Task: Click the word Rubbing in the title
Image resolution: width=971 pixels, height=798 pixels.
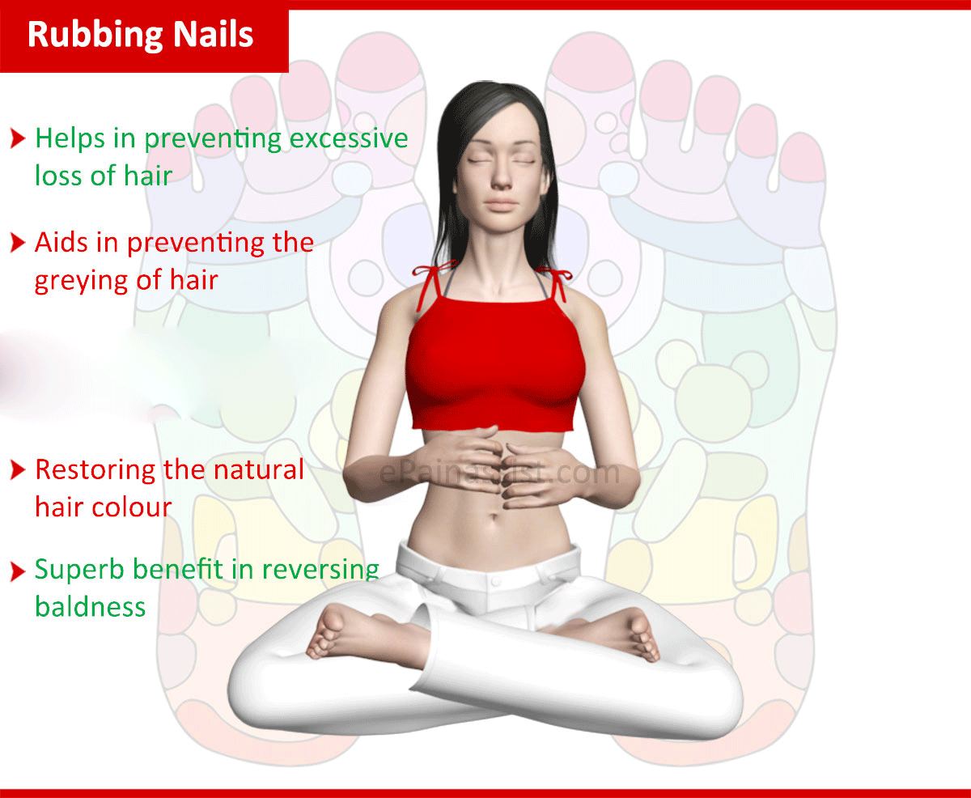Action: tap(95, 36)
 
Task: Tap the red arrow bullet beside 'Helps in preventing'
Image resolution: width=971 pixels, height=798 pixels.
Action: tap(18, 138)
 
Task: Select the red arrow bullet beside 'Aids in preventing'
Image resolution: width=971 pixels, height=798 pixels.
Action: tap(18, 243)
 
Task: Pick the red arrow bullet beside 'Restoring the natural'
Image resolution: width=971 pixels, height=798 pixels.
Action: tap(18, 469)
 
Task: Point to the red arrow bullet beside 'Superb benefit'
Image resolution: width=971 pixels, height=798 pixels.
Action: tap(18, 571)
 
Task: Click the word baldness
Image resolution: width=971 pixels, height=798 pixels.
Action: tap(91, 606)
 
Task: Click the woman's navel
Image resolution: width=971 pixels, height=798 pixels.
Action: tap(494, 516)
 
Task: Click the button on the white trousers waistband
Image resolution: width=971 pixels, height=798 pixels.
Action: tap(495, 582)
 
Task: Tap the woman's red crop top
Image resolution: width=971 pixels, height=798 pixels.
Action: tap(494, 363)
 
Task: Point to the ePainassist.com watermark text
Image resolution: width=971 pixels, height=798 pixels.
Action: tap(499, 473)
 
